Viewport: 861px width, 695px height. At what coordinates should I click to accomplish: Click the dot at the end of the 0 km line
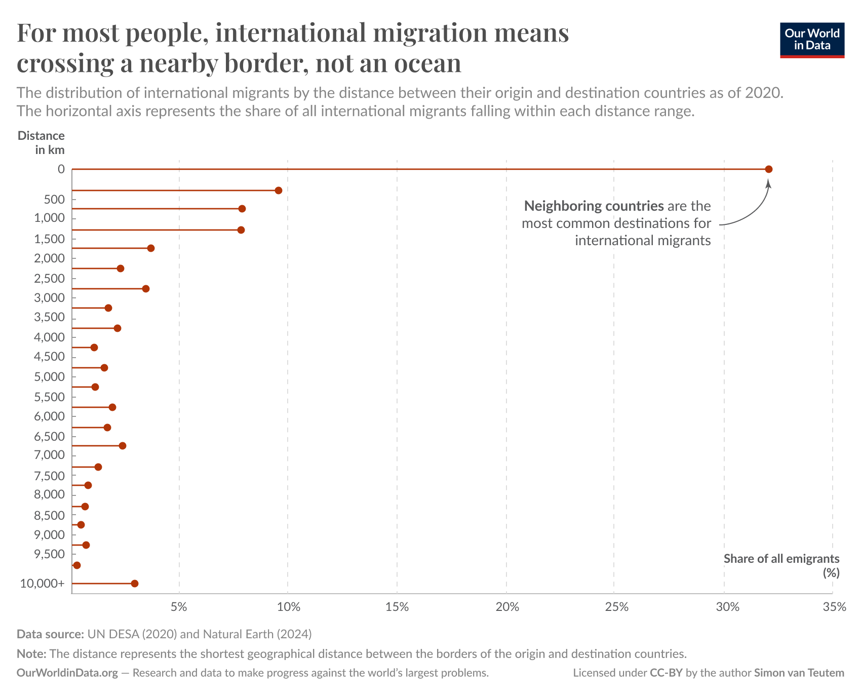point(768,169)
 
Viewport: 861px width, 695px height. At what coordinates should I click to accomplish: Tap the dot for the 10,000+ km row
point(134,584)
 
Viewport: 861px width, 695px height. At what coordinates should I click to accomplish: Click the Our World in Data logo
point(812,40)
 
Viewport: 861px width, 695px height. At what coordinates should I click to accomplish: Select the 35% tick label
point(834,607)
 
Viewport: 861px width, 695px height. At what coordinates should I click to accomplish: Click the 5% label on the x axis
point(179,607)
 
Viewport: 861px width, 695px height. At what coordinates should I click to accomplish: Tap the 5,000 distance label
point(49,377)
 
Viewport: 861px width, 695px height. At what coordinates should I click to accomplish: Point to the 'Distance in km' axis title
point(42,142)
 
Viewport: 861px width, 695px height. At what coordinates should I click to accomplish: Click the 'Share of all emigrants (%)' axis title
point(781,565)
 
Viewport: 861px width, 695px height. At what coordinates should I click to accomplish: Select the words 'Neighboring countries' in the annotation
point(594,206)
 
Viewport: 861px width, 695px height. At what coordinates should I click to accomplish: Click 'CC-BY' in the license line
point(666,673)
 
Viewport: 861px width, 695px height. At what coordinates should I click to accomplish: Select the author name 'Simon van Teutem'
point(799,673)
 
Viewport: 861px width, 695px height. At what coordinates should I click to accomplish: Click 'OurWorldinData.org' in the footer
point(67,673)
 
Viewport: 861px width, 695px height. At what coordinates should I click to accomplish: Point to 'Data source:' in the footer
point(50,634)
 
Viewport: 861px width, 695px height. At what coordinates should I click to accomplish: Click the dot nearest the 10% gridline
point(278,190)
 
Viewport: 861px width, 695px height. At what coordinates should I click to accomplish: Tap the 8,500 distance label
point(49,516)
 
